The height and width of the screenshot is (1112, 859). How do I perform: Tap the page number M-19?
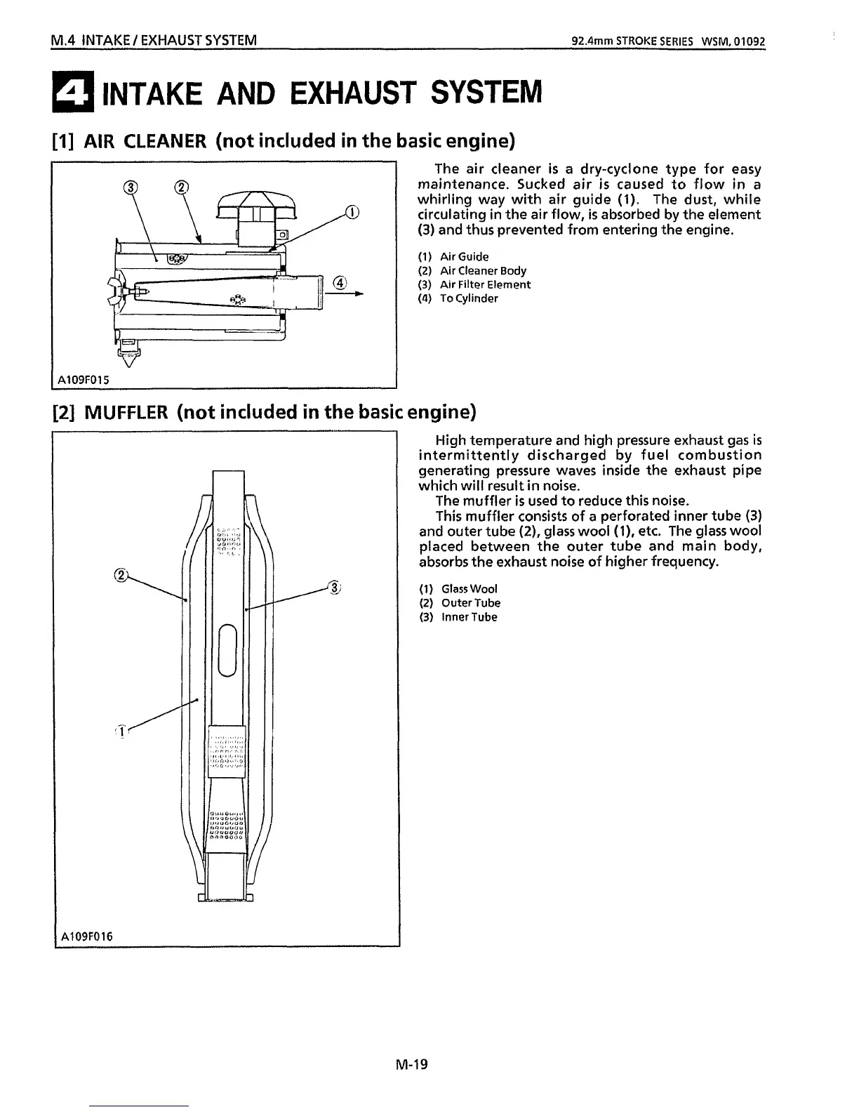[x=411, y=1064]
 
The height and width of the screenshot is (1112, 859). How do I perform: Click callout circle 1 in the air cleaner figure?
[x=352, y=212]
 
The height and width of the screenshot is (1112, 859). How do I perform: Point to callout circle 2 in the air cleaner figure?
[x=181, y=187]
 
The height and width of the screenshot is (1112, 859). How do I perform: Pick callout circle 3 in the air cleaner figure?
[x=131, y=187]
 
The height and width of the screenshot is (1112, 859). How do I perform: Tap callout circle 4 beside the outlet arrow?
[x=340, y=283]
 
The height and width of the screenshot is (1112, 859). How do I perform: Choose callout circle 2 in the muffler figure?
[x=120, y=575]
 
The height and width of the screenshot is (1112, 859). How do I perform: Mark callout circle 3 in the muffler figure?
[x=335, y=588]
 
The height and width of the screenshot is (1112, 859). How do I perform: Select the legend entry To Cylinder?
[x=468, y=298]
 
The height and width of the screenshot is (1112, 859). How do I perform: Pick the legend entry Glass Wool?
[x=469, y=588]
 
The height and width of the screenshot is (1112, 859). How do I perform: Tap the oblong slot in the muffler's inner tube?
[x=227, y=651]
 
